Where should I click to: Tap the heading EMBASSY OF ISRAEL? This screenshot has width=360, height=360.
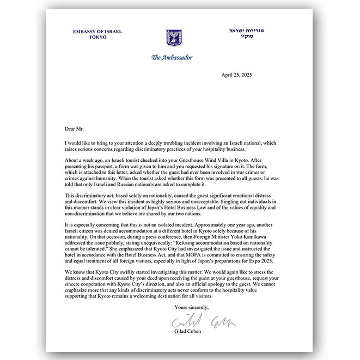coord(98,32)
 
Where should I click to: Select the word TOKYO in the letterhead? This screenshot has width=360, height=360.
coord(98,37)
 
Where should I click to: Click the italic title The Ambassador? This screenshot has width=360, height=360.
coord(172,57)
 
